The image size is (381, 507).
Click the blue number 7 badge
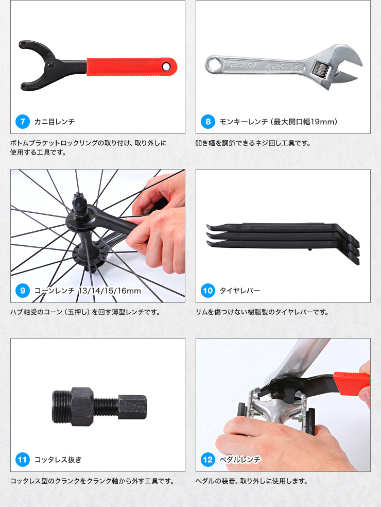pyautogui.click(x=23, y=122)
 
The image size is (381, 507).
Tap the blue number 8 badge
pyautogui.click(x=208, y=122)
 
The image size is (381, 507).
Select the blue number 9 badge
pyautogui.click(x=23, y=291)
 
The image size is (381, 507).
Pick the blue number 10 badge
pyautogui.click(x=208, y=291)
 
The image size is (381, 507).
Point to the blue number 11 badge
pyautogui.click(x=23, y=460)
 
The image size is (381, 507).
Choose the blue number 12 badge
pyautogui.click(x=208, y=460)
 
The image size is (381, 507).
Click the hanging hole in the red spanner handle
pyautogui.click(x=166, y=66)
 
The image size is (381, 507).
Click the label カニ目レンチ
pyautogui.click(x=54, y=122)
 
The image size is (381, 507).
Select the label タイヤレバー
pyautogui.click(x=240, y=291)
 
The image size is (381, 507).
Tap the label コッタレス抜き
pyautogui.click(x=58, y=460)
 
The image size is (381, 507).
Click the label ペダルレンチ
pyautogui.click(x=240, y=460)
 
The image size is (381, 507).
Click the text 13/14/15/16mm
pyautogui.click(x=110, y=291)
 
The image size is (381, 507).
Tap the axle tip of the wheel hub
pyautogui.click(x=78, y=196)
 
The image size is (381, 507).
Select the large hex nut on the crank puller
pyautogui.click(x=82, y=407)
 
